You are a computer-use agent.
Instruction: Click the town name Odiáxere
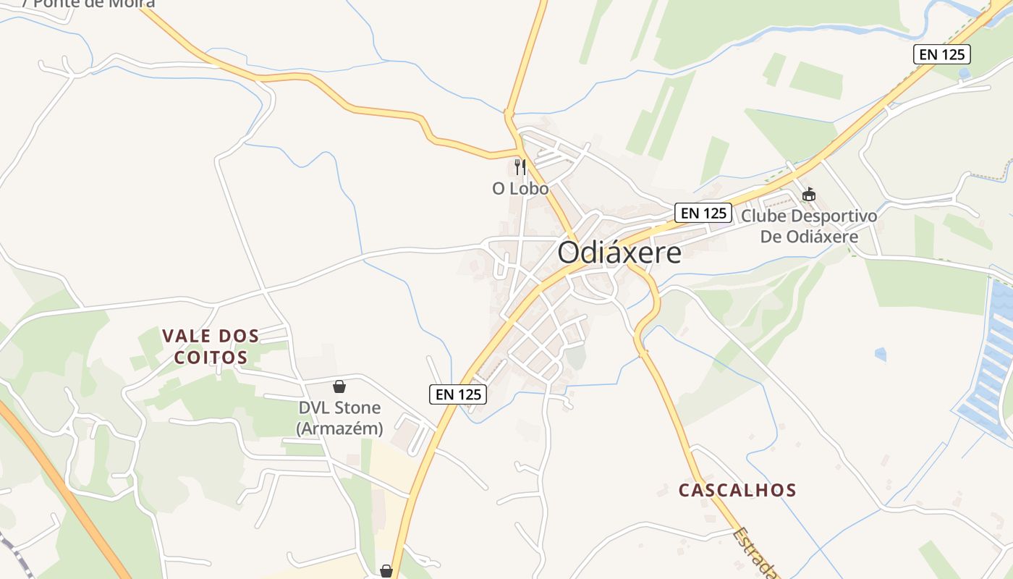(x=619, y=253)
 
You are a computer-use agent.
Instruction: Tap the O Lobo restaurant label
(x=520, y=189)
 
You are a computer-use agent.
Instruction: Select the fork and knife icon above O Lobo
(x=520, y=167)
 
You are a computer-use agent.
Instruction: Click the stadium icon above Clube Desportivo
(x=808, y=194)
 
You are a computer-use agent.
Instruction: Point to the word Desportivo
(x=834, y=216)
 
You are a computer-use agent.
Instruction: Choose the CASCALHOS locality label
(x=737, y=490)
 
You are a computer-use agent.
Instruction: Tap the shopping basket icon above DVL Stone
(x=339, y=387)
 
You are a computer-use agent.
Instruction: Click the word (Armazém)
(x=339, y=428)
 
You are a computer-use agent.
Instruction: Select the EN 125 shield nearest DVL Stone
(x=458, y=394)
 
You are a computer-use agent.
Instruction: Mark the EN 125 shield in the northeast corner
(x=941, y=54)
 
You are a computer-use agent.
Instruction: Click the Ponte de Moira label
(x=88, y=4)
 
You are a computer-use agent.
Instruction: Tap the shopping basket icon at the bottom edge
(x=386, y=572)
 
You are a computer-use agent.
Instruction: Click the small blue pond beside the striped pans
(x=880, y=354)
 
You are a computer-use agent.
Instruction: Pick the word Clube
(x=763, y=216)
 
